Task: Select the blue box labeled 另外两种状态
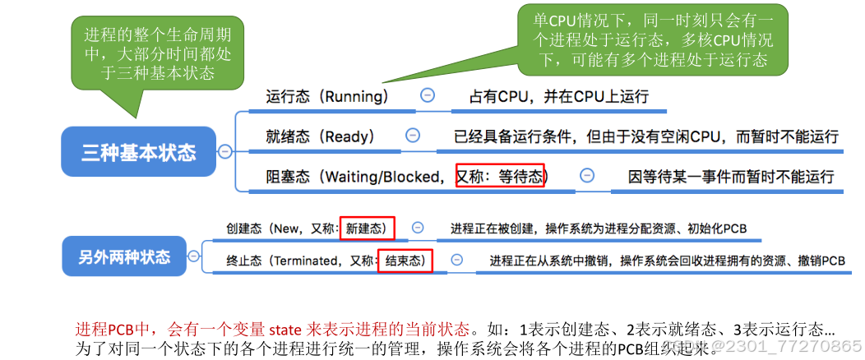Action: pos(126,256)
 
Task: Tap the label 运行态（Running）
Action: pos(326,96)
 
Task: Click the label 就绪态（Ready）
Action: pos(320,136)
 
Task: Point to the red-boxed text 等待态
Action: pos(500,176)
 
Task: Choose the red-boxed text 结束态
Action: pos(405,261)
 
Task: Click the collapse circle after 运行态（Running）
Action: pos(427,95)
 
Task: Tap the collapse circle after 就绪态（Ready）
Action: pos(413,135)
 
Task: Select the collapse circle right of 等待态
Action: pos(586,175)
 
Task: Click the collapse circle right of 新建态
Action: pos(418,228)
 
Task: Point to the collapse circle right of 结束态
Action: pos(456,261)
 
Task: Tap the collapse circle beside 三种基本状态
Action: pos(224,151)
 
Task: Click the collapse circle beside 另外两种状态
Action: pos(193,256)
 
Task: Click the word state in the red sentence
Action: pos(284,330)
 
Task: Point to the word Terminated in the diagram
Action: pos(302,261)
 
